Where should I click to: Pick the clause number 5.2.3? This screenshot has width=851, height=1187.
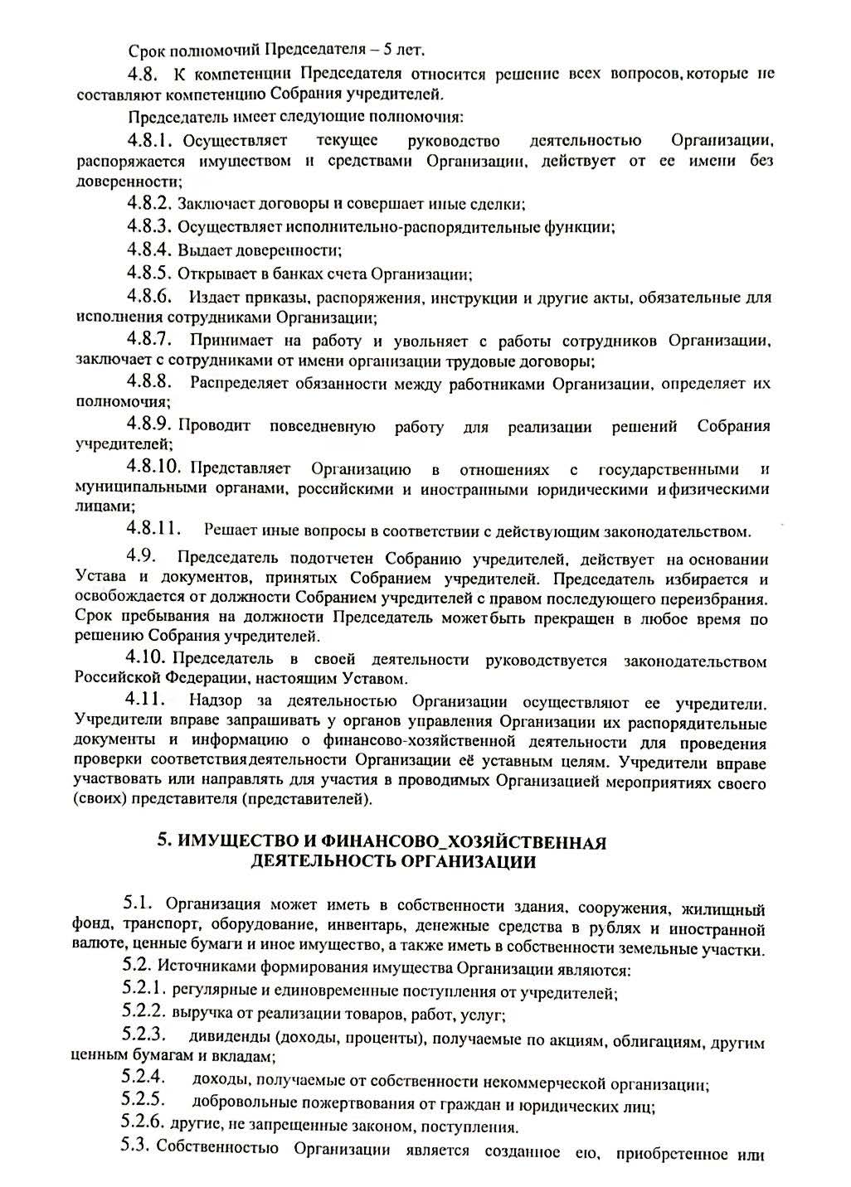coord(144,1034)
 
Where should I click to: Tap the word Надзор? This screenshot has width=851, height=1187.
coord(214,703)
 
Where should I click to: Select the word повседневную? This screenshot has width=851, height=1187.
coord(322,428)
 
